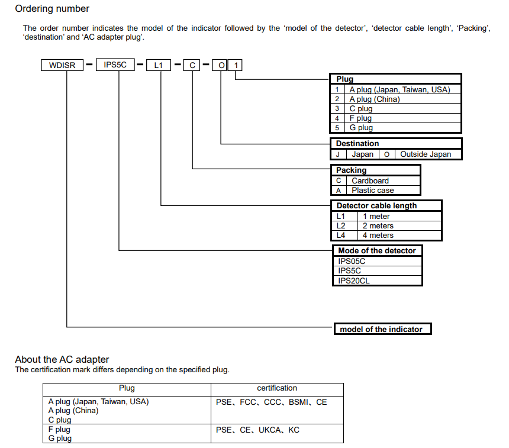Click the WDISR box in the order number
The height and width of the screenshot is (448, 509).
click(x=63, y=65)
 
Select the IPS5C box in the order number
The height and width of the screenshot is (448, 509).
click(x=115, y=65)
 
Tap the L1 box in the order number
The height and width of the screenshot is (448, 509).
click(x=159, y=65)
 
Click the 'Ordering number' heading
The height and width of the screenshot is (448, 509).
click(x=52, y=9)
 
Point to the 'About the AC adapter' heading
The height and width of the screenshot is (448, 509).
click(x=62, y=359)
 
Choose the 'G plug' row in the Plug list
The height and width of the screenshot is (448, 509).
click(x=361, y=128)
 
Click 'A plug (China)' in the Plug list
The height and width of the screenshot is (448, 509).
click(x=374, y=99)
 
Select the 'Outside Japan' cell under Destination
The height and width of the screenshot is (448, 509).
click(x=426, y=154)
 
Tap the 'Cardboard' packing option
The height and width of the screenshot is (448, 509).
click(x=370, y=181)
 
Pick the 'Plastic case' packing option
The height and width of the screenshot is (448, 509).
click(x=372, y=191)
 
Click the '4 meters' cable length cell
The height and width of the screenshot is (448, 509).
click(x=378, y=236)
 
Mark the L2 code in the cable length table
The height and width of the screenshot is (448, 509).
click(x=340, y=226)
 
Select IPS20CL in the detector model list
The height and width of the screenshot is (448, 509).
click(x=353, y=281)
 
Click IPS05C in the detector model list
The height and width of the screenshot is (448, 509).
click(x=352, y=261)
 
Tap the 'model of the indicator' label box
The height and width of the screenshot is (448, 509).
click(x=381, y=329)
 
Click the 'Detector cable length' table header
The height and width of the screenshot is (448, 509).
click(x=376, y=206)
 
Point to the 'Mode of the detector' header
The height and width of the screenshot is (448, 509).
click(x=377, y=251)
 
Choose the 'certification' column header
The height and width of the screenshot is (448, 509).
click(x=277, y=388)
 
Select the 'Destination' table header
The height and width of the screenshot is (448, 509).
click(x=357, y=144)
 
